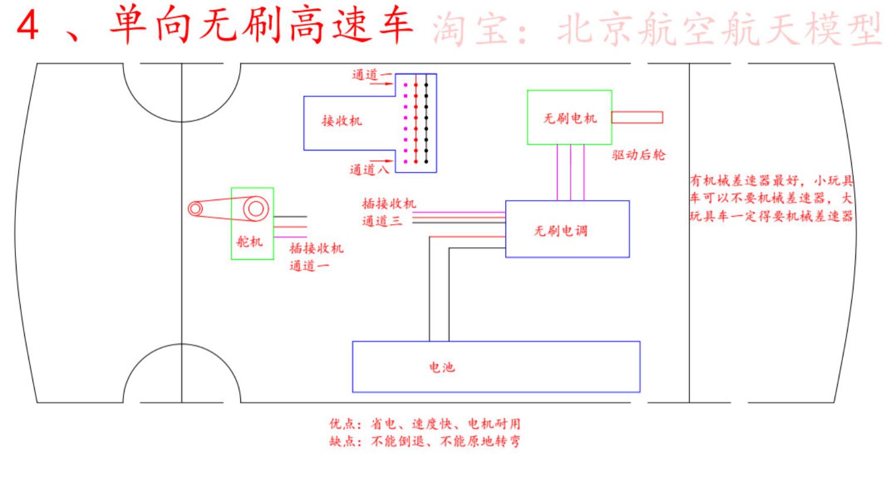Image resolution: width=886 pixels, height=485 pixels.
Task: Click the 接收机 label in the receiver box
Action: click(342, 121)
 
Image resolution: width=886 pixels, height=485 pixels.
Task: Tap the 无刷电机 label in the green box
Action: click(570, 118)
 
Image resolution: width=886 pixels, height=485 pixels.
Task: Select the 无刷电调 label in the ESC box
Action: click(561, 231)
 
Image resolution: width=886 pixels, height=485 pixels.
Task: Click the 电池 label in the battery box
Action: click(442, 368)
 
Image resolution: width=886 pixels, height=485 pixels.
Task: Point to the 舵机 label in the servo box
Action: click(249, 241)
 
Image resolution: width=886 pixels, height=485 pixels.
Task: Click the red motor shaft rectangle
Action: click(637, 117)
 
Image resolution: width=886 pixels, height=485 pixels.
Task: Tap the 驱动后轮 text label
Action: click(639, 155)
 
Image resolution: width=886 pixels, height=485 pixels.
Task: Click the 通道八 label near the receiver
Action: click(369, 170)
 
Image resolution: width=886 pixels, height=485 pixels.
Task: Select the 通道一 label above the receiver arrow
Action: click(372, 75)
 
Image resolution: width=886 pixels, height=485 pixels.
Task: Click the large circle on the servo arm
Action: click(256, 208)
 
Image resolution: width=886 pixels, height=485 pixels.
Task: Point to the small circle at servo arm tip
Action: click(195, 208)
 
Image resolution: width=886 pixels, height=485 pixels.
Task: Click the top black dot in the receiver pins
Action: click(426, 85)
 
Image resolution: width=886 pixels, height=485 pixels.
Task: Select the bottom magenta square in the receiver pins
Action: click(405, 162)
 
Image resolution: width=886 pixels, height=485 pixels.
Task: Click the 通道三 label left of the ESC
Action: click(382, 221)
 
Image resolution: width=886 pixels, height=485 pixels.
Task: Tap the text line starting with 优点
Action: click(425, 424)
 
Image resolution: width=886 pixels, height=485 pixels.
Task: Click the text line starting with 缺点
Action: click(425, 441)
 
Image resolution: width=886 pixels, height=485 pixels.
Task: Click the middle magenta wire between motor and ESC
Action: click(571, 173)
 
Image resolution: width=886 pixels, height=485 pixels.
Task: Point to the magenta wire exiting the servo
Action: click(290, 237)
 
